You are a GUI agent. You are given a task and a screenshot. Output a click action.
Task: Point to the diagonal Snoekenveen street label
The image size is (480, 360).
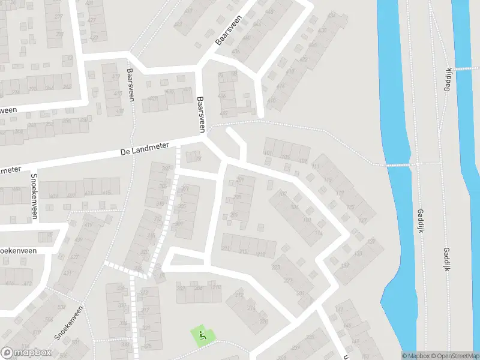(x=70, y=326)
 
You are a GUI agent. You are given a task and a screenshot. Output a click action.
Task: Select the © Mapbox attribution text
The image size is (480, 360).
(x=415, y=356)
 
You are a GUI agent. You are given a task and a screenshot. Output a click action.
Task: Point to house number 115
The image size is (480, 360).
(x=328, y=180)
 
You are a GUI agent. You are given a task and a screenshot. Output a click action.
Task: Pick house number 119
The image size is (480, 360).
(x=340, y=193)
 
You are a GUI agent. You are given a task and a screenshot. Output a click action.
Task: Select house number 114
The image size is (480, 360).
(x=319, y=233)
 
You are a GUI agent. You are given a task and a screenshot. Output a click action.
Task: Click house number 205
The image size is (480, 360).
(x=237, y=197)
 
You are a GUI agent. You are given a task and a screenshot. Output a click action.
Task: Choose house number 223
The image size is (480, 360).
(x=277, y=268)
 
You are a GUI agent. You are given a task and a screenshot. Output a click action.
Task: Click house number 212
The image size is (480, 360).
(x=239, y=295)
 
